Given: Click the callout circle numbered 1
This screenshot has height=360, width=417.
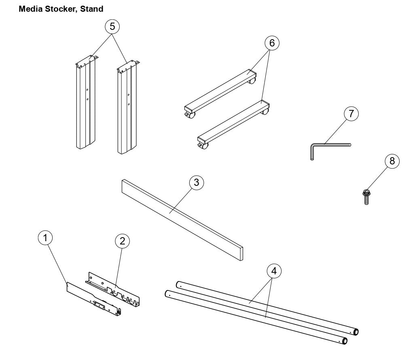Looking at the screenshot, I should (x=46, y=238).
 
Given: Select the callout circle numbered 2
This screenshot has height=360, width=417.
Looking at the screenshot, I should (x=122, y=241).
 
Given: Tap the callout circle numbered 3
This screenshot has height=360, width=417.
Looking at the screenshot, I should (x=196, y=182).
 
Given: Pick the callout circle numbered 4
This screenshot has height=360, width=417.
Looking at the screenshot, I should (x=274, y=271).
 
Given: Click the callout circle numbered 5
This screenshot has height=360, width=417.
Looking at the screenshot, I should (x=112, y=27).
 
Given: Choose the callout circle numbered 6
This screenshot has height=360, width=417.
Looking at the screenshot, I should (x=272, y=43).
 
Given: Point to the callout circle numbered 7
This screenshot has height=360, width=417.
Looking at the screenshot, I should (x=351, y=114).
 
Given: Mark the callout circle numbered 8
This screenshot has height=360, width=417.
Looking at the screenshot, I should (x=392, y=161).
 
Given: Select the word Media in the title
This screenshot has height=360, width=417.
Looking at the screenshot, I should (x=30, y=8).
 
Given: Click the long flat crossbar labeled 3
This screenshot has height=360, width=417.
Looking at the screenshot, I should (x=182, y=218).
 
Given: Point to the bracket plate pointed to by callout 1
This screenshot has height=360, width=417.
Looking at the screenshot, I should (x=93, y=299).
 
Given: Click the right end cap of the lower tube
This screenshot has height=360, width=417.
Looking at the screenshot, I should (x=345, y=341).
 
